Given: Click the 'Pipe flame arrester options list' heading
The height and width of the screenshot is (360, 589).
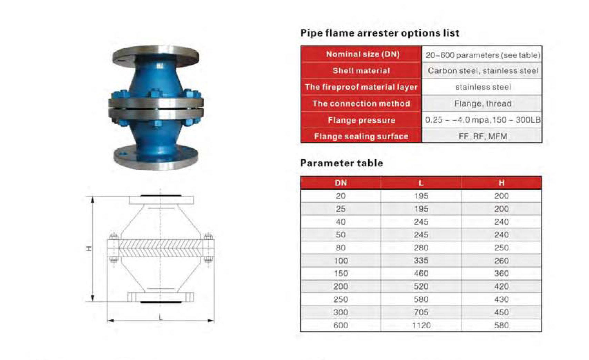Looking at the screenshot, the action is (x=380, y=33).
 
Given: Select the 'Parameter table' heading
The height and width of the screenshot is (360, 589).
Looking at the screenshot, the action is (x=341, y=163).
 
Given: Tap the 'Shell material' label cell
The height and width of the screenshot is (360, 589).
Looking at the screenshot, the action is (x=361, y=70).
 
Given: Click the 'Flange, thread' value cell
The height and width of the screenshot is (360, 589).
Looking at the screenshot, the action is (x=482, y=103).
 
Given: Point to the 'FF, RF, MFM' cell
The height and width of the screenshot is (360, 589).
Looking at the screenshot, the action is (x=482, y=136).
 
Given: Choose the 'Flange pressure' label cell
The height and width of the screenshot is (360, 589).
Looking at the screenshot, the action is (x=361, y=120).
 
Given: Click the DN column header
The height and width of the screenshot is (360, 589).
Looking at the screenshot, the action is (x=341, y=183).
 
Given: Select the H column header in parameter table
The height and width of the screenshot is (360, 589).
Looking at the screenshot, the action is (x=501, y=183).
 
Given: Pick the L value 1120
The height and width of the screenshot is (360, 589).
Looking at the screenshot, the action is (x=421, y=326).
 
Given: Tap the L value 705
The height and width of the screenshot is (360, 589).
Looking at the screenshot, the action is (x=421, y=312).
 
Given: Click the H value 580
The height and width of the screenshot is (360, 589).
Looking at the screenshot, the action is (x=501, y=326).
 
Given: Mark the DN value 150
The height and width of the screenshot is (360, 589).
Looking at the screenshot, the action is (x=341, y=273).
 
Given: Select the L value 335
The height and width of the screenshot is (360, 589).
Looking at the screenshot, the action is (x=421, y=261).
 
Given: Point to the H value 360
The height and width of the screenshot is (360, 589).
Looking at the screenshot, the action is (x=501, y=273).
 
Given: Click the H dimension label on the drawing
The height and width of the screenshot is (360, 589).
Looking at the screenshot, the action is (x=89, y=249).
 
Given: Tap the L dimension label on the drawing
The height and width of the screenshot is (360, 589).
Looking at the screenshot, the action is (x=160, y=318).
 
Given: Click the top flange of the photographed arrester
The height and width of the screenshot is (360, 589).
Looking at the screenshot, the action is (x=156, y=56).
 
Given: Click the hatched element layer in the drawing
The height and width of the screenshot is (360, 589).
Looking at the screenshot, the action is (x=161, y=248).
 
